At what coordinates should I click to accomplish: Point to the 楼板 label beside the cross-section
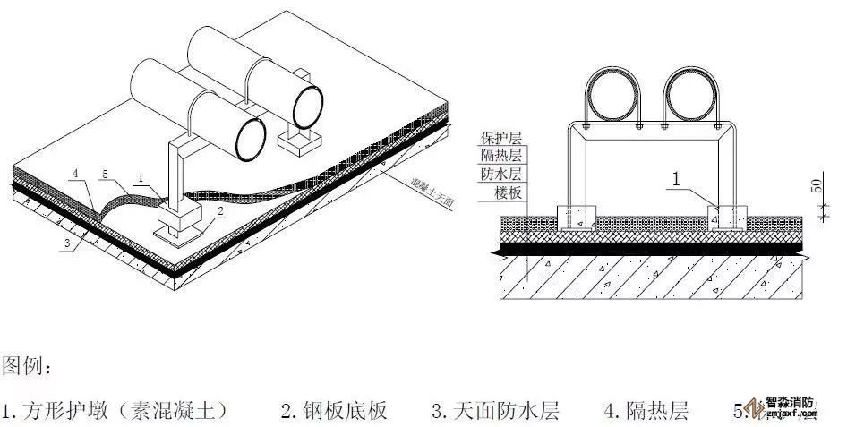(508, 193)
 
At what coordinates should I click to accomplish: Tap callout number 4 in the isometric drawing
(77, 172)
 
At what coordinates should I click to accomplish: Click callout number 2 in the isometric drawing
(218, 211)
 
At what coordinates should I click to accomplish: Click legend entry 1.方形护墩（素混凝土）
(114, 411)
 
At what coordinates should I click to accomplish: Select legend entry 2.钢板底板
(333, 411)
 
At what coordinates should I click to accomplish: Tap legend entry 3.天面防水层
(495, 411)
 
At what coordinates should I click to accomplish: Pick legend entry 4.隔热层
(646, 411)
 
